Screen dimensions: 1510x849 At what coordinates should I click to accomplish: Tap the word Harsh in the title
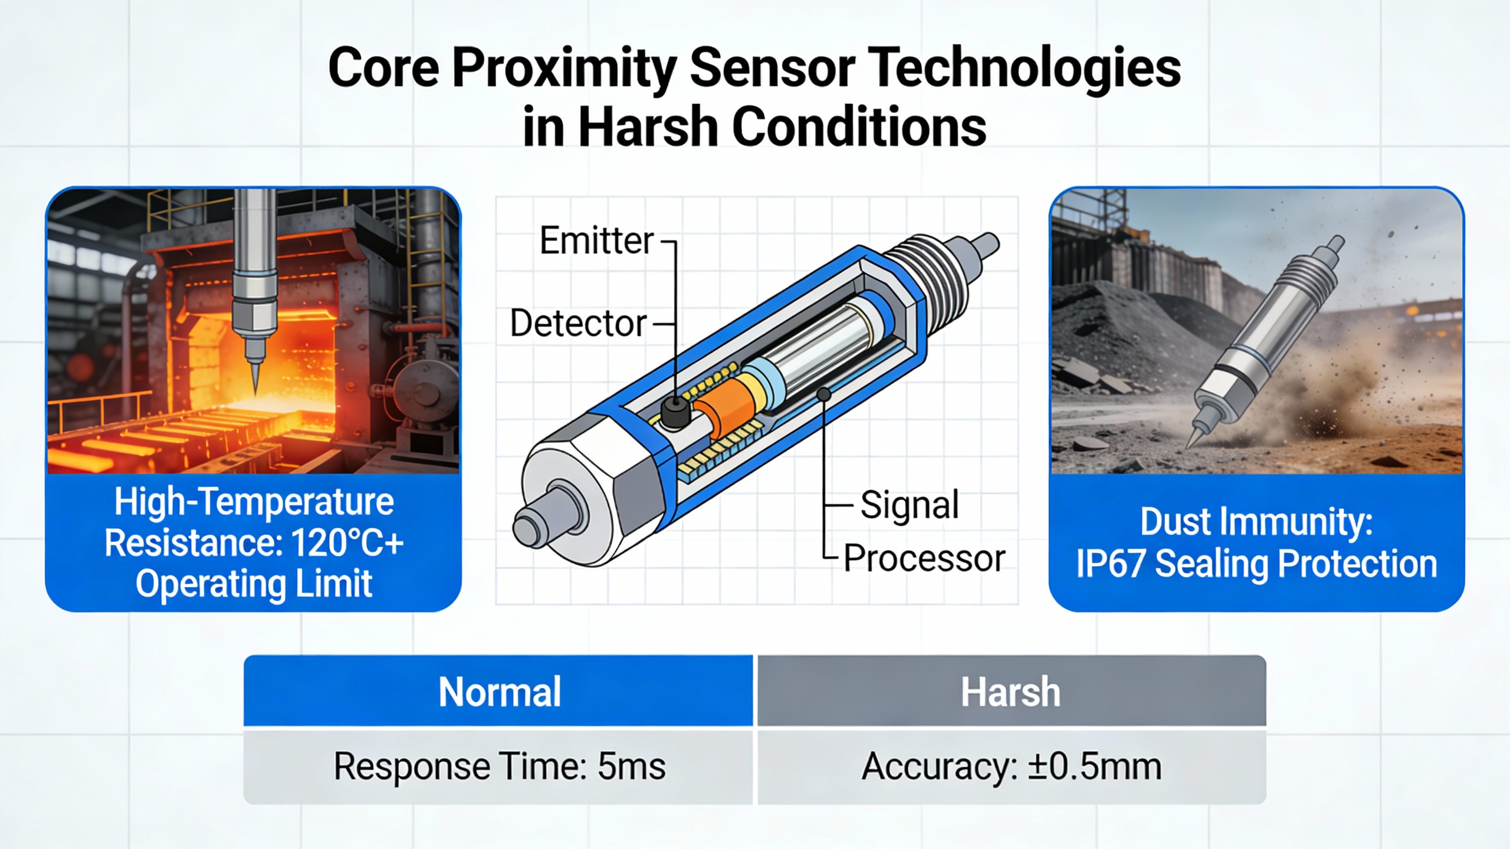(x=648, y=127)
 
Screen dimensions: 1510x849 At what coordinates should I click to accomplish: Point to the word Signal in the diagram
(x=910, y=505)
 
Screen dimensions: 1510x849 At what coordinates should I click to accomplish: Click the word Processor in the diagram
(x=924, y=558)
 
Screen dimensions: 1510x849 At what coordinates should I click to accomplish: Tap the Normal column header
(x=499, y=691)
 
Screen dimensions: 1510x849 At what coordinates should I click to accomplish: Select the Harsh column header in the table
(x=1011, y=691)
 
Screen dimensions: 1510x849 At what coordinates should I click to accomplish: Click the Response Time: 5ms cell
(x=499, y=767)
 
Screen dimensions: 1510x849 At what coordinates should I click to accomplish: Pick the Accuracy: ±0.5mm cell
(x=1011, y=767)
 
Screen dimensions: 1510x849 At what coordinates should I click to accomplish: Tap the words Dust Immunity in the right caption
(x=1256, y=522)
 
